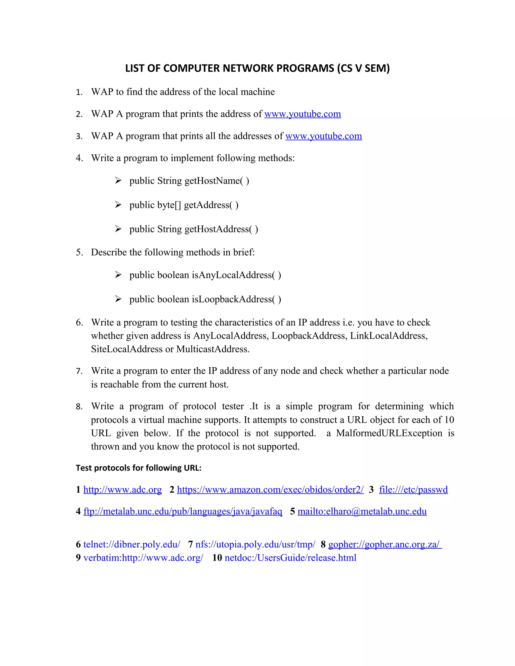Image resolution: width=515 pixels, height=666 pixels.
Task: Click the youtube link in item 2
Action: click(302, 114)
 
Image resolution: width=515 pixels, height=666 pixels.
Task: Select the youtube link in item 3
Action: click(323, 136)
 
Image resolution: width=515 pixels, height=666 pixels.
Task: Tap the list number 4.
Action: click(79, 158)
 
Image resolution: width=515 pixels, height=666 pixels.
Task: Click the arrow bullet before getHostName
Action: click(118, 180)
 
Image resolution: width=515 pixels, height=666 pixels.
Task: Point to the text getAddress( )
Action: click(211, 205)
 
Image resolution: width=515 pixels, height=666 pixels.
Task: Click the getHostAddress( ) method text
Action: click(221, 229)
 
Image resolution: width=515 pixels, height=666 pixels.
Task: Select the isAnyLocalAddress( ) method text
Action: click(236, 275)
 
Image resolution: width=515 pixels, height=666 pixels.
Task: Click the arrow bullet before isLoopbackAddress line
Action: click(118, 299)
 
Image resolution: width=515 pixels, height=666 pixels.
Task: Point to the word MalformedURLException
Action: click(389, 433)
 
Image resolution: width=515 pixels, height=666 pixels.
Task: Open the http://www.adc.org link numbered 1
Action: click(122, 490)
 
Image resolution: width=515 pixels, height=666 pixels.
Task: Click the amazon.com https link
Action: click(270, 490)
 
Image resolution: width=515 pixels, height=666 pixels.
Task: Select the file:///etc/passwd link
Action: click(413, 490)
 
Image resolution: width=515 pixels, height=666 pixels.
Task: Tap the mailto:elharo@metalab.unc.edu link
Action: click(362, 511)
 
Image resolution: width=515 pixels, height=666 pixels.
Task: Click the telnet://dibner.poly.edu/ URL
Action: click(132, 544)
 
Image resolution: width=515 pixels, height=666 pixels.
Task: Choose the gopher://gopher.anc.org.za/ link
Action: click(384, 544)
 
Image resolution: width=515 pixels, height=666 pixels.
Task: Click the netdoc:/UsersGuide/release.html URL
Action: click(290, 558)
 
